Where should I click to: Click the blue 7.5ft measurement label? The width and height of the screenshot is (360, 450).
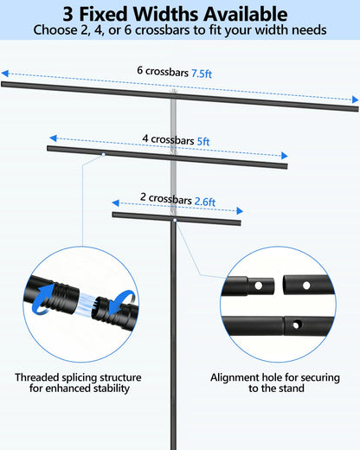pos(202,74)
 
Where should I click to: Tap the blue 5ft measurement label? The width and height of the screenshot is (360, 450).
pos(203,142)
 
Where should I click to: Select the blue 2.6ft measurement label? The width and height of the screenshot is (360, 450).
pos(205,202)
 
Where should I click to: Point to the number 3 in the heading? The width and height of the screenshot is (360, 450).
pos(67,14)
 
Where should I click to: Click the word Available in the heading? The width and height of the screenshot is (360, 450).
pos(246,14)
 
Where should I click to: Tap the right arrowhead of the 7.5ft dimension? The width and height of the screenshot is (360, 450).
pos(355,100)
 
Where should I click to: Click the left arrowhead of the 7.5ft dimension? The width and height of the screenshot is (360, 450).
pos(5,74)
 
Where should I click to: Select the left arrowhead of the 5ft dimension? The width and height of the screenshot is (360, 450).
pos(53,138)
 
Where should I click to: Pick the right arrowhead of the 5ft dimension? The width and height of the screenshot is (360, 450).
pos(285,156)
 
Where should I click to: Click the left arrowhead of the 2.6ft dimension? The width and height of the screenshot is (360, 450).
pos(116,203)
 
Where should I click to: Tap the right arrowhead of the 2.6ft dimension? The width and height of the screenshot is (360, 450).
pos(240,211)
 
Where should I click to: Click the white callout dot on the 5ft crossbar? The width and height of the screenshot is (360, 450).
pos(103,155)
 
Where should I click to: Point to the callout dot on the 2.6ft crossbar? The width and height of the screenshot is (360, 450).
pos(175,221)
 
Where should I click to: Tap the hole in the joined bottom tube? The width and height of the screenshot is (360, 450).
pos(296,325)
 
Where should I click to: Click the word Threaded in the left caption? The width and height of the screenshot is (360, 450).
pos(37,377)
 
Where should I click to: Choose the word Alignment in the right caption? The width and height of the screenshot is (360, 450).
pos(235,377)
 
